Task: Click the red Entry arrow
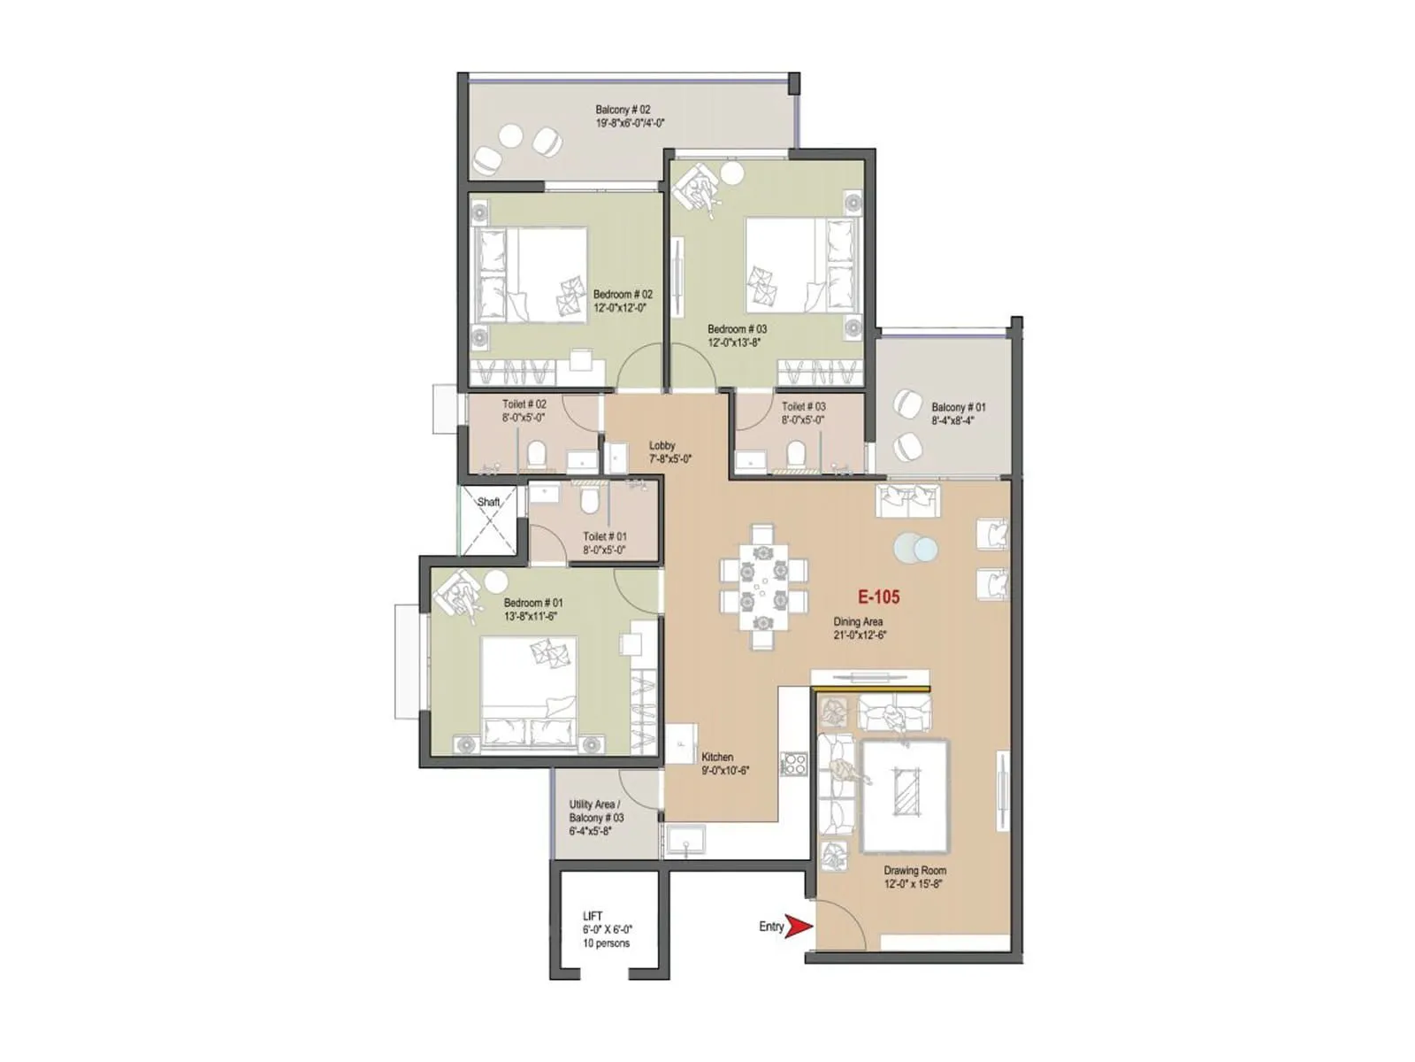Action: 799,927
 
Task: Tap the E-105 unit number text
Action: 878,597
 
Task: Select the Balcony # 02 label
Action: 623,110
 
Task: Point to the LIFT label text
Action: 593,916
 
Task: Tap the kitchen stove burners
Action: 793,764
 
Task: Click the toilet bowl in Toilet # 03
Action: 796,454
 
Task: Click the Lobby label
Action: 662,446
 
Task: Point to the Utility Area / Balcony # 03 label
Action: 596,811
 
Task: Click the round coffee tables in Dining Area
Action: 914,550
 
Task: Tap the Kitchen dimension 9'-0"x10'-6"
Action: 725,771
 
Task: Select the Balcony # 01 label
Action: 958,408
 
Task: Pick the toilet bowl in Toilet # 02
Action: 536,456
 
